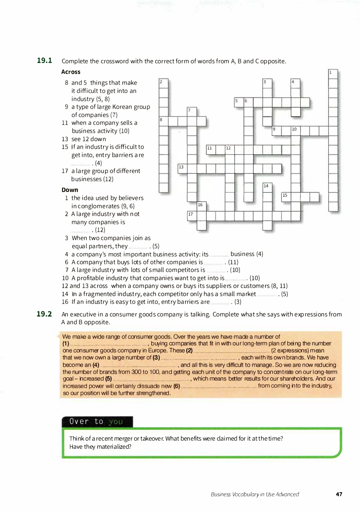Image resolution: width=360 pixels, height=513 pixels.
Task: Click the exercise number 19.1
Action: pos(44,60)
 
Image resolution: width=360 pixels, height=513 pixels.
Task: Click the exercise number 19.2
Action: pos(44,314)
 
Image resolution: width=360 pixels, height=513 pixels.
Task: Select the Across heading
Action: pos(71,72)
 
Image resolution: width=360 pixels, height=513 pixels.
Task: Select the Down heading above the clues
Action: pos(70,190)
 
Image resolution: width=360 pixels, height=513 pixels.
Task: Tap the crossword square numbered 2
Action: pos(164,83)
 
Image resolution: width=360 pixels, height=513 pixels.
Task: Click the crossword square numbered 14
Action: pos(267,187)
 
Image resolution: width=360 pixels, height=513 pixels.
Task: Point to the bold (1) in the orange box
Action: pos(66,344)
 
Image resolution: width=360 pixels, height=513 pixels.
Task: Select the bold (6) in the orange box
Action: pos(176,386)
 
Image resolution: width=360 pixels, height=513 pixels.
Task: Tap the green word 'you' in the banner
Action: pos(116,421)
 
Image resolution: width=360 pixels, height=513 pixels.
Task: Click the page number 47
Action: pos(339,494)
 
